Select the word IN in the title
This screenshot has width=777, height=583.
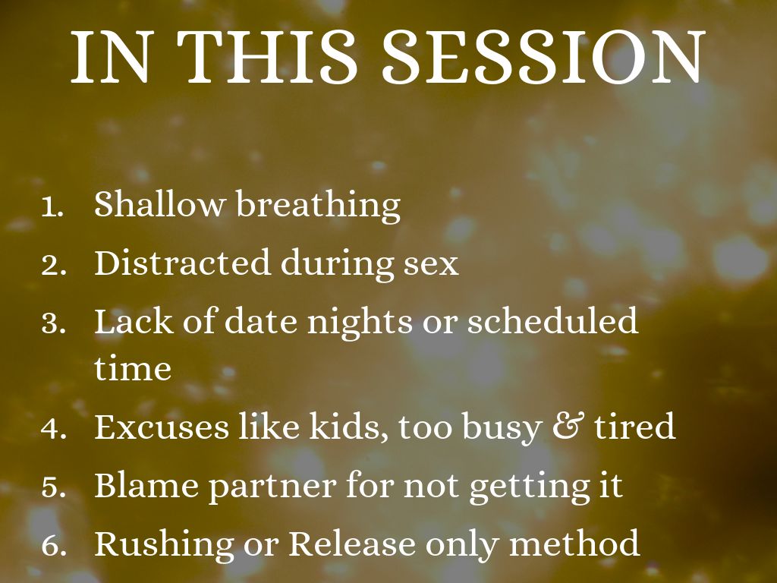click(x=110, y=56)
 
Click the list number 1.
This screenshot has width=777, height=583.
click(x=52, y=207)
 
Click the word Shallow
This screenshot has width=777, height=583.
click(x=159, y=203)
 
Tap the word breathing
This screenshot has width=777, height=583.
click(x=318, y=206)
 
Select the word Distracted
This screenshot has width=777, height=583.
click(x=182, y=262)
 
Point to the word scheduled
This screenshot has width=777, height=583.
click(x=552, y=320)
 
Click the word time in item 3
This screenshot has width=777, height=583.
click(x=133, y=368)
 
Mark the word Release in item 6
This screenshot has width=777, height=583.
click(x=352, y=543)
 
